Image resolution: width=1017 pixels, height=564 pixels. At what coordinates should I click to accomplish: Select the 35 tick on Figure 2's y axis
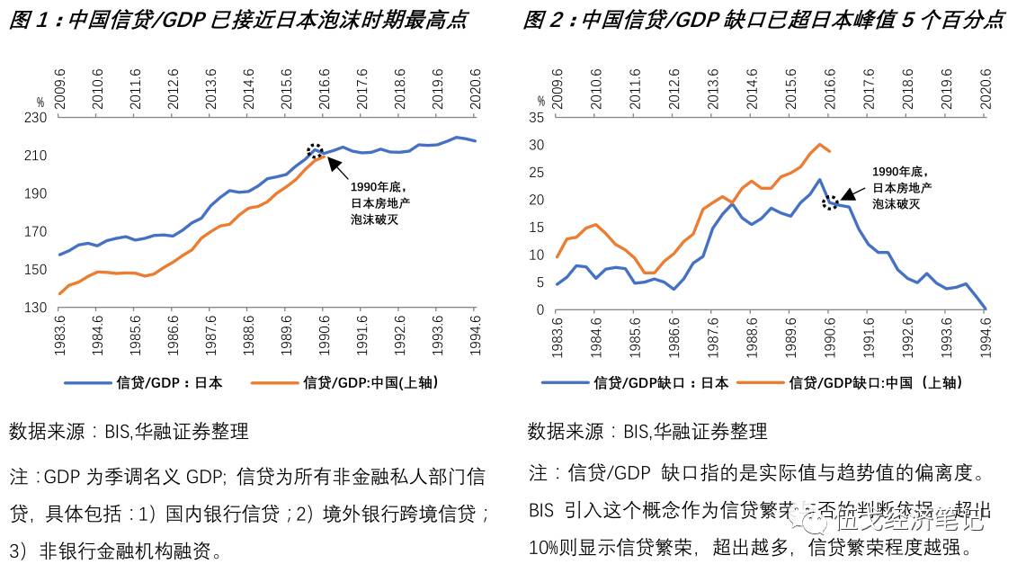tap(538, 118)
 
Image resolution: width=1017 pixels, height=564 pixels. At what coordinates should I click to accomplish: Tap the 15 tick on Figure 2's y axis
tap(538, 228)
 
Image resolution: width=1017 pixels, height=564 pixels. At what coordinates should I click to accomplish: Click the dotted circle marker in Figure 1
tap(315, 151)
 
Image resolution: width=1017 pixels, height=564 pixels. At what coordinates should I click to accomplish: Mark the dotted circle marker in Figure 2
tap(830, 203)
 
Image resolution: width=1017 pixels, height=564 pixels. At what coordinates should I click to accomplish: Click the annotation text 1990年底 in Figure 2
tap(897, 172)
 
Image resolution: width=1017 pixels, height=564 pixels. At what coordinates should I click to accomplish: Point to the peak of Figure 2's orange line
tap(819, 144)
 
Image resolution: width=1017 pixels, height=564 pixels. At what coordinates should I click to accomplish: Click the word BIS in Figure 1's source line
tap(118, 432)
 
